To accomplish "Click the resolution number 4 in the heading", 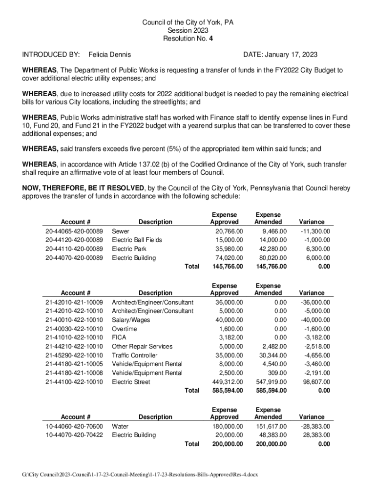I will tap(210, 38).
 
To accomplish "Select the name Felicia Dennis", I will tap(109, 55).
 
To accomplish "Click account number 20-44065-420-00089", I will tap(74, 231).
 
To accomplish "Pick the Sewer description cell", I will tap(121, 231).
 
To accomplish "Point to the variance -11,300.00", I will tap(314, 231).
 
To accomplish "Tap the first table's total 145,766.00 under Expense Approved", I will tap(226, 267).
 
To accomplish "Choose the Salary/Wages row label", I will tap(131, 320).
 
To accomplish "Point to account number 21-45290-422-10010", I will tap(74, 355).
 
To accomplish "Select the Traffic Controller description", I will tap(134, 355).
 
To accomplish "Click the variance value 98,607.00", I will tap(316, 382).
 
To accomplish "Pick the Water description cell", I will tap(120, 426).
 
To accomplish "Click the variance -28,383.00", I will tap(314, 426).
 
